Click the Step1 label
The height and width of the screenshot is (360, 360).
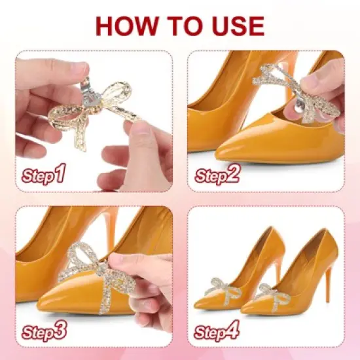click(44, 175)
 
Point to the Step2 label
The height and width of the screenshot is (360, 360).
click(218, 175)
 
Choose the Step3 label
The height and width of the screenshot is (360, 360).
click(44, 331)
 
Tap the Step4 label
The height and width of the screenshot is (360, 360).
click(218, 331)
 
